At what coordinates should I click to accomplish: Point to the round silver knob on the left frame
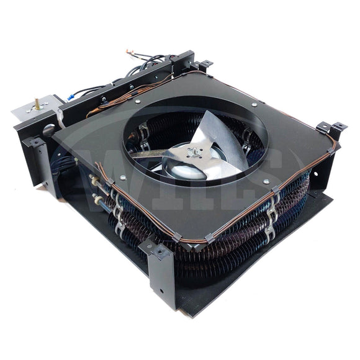[x=48, y=131]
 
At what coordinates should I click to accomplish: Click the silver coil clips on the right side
[x=271, y=211]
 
